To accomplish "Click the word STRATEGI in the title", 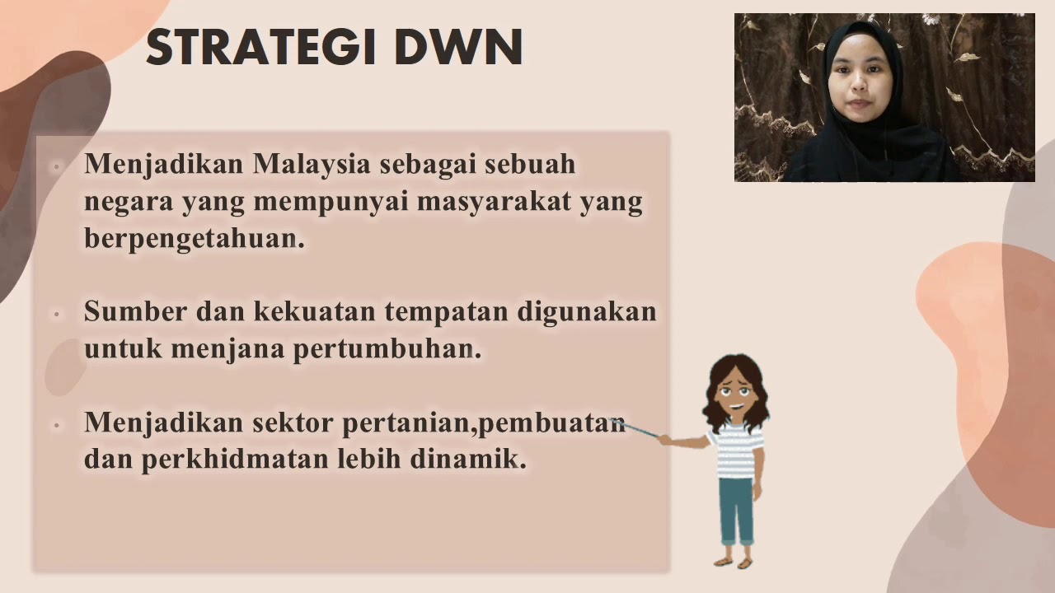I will [x=262, y=48].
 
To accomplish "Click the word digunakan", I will [x=588, y=311].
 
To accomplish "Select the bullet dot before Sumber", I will [x=56, y=314].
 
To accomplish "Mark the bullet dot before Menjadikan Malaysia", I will [x=56, y=166].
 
